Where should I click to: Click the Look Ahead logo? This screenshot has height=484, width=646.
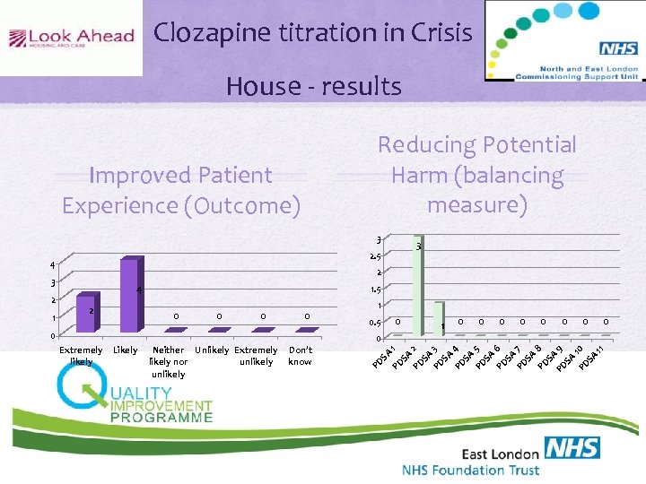[71, 38]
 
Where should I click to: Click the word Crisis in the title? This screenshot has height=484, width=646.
[437, 33]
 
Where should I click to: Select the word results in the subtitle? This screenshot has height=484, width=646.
[362, 86]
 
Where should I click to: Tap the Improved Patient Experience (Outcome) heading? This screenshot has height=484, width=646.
[180, 190]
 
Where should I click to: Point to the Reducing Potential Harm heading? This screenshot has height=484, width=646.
[476, 175]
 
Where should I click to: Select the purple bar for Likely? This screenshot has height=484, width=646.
[129, 296]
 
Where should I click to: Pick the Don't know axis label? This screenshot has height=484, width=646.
[301, 356]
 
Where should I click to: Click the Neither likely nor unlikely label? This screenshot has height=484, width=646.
[169, 361]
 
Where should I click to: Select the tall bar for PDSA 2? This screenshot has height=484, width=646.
[416, 287]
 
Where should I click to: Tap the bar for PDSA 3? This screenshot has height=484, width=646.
[438, 320]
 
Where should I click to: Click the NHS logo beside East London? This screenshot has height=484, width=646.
[572, 450]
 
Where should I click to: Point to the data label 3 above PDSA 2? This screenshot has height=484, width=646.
[419, 246]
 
